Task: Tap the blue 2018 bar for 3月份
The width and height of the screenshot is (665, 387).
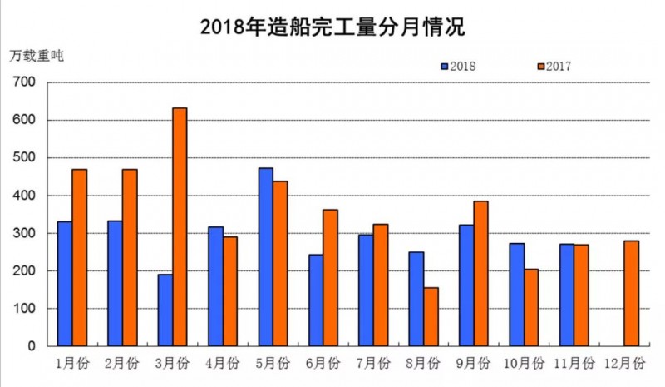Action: [x=165, y=310]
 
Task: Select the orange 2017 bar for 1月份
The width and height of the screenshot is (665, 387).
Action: [x=79, y=257]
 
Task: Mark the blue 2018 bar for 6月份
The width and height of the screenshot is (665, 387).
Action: [x=316, y=300]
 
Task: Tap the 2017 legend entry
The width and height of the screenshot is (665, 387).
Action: [x=553, y=66]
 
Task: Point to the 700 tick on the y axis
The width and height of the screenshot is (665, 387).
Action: [x=25, y=82]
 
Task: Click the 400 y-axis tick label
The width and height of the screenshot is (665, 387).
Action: [x=25, y=196]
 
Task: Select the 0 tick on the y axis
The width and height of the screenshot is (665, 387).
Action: [x=31, y=346]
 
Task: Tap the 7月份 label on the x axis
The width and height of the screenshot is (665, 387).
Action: [x=373, y=364]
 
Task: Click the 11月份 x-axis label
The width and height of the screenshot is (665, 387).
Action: [x=574, y=364]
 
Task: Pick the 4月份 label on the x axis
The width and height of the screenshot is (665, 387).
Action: [x=222, y=364]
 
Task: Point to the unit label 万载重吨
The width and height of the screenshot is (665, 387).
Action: [x=37, y=56]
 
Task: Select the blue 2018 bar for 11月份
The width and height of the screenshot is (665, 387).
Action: [x=566, y=295]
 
